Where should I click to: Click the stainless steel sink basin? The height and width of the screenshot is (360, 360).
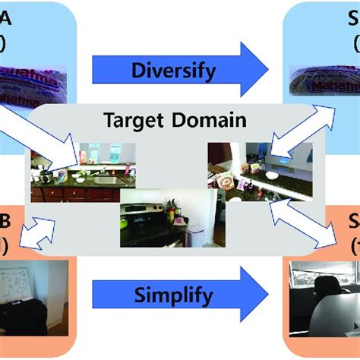(x=106, y=180)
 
